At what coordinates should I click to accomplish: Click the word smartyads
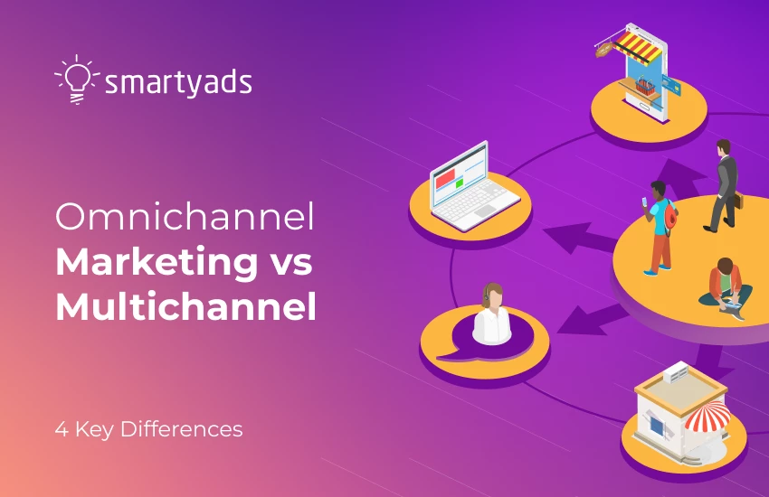click(178, 83)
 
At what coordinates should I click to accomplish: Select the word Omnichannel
click(185, 219)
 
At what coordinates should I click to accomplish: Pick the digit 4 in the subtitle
click(60, 428)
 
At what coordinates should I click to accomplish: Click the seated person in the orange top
click(726, 284)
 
